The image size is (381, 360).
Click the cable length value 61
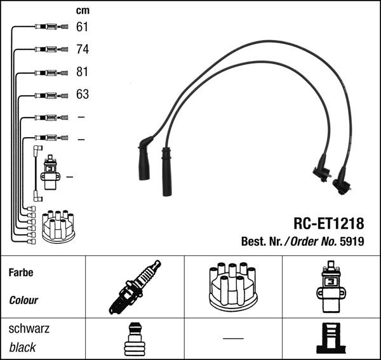click(x=83, y=27)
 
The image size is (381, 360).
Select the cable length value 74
click(x=83, y=49)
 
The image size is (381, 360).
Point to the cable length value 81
click(x=83, y=72)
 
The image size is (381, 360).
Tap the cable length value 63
click(x=83, y=95)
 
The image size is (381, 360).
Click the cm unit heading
click(x=83, y=10)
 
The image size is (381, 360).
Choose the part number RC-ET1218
click(x=328, y=223)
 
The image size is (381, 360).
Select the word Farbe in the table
click(x=20, y=272)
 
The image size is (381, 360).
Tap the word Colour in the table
click(x=23, y=300)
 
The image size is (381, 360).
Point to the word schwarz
click(x=29, y=329)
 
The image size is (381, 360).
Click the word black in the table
click(x=22, y=347)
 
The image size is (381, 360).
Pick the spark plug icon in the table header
click(x=135, y=287)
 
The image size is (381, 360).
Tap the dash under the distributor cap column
click(x=233, y=338)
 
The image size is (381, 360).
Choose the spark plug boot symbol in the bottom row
click(x=135, y=338)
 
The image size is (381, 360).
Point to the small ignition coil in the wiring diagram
click(x=50, y=173)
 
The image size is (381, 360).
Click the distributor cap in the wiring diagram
click(x=58, y=226)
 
